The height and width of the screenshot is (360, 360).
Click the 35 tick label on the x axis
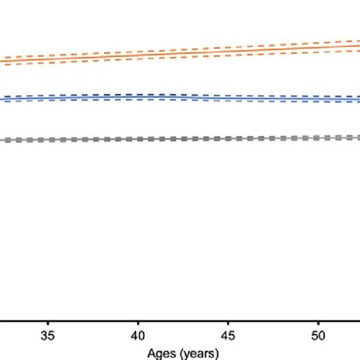(x=48, y=335)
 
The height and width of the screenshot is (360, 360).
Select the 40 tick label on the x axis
(x=137, y=335)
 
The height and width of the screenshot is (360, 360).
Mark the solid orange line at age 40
(x=137, y=53)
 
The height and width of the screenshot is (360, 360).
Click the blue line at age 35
(x=48, y=98)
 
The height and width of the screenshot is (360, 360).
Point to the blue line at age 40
(x=137, y=97)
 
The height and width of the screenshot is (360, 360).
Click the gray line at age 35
(x=48, y=140)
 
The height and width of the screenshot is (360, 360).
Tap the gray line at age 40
(x=137, y=139)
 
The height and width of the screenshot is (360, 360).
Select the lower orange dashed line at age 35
(x=48, y=62)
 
